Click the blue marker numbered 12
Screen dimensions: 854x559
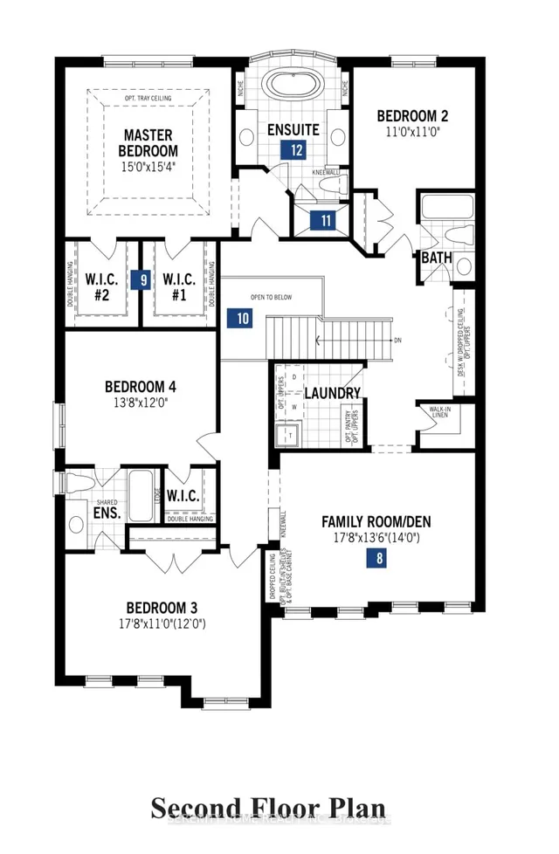point(297,149)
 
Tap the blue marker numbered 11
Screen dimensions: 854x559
point(326,220)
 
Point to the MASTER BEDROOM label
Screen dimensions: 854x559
point(148,143)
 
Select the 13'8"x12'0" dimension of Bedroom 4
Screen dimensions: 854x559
point(141,403)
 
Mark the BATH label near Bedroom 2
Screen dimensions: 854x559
point(436,258)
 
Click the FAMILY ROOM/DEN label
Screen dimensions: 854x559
point(376,522)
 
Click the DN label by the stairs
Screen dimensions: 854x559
point(397,341)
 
